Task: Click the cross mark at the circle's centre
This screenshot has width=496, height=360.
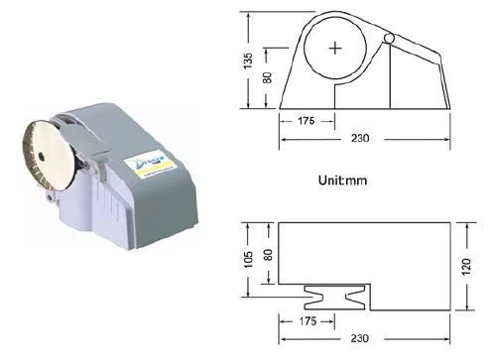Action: click(337, 48)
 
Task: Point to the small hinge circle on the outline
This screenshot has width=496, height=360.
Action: click(389, 38)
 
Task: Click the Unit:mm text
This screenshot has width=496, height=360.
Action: click(344, 181)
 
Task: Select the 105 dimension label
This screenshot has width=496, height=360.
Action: click(251, 260)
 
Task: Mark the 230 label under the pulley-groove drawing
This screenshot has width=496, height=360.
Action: click(359, 338)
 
